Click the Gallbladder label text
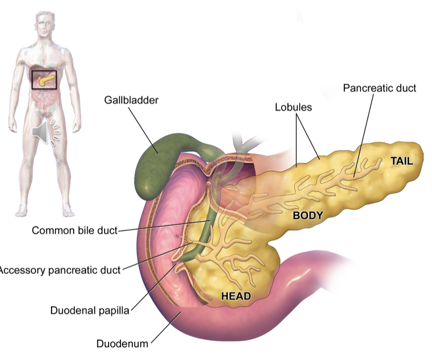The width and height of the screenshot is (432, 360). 131,101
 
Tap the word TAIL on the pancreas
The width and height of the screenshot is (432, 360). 402,161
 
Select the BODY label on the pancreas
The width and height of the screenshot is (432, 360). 308,215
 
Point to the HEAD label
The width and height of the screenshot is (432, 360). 236,295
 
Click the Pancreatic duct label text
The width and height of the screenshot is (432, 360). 379,88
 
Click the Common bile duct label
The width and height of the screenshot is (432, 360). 75,230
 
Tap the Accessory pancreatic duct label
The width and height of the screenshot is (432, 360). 60,270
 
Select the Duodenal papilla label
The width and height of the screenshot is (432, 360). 90,310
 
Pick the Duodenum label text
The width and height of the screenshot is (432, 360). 122,343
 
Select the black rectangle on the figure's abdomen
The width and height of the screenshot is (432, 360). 44,79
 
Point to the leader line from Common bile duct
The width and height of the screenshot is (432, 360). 161,227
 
